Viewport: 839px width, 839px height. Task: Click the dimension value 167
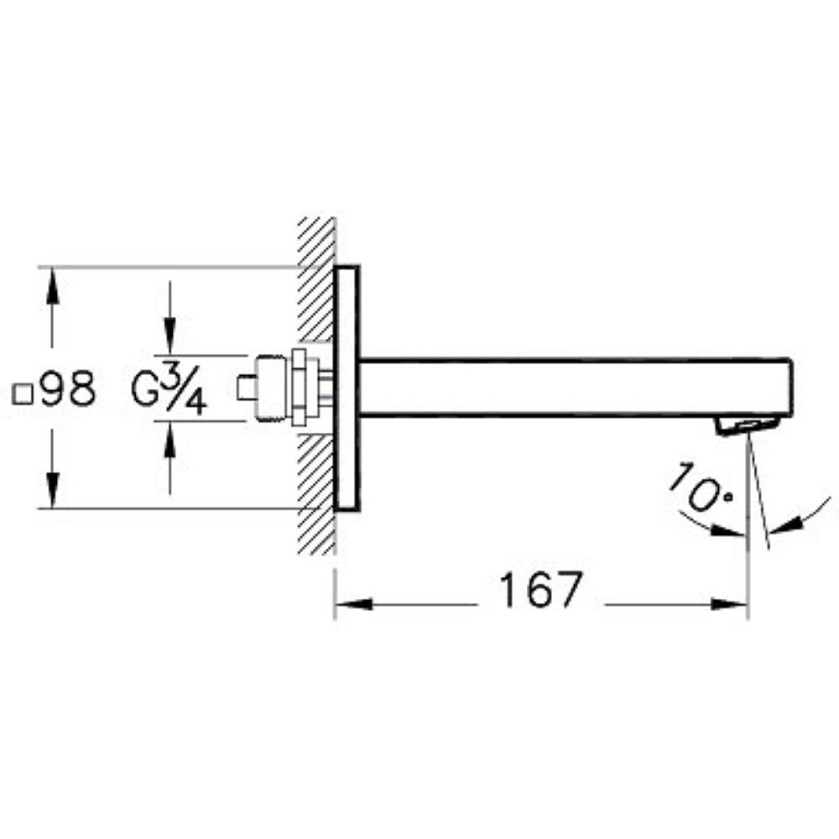pos(539,591)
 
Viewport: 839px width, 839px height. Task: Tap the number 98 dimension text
pos(68,391)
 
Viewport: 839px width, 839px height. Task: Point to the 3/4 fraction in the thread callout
pos(187,392)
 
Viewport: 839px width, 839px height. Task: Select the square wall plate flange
pos(347,388)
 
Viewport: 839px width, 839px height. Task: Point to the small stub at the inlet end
pos(247,388)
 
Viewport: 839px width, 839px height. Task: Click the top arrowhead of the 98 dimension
pos(52,284)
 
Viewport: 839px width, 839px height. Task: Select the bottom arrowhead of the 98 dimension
pos(52,492)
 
